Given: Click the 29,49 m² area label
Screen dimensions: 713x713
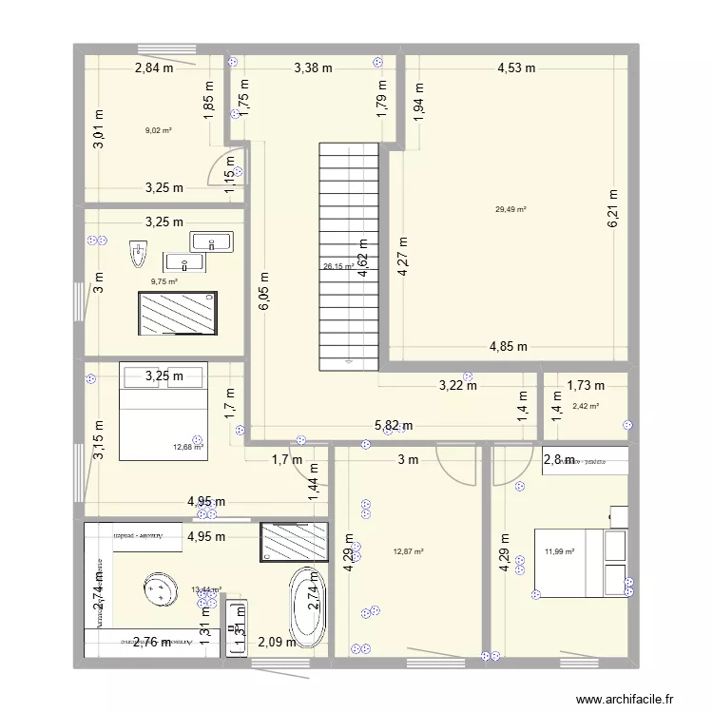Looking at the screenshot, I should tap(511, 210).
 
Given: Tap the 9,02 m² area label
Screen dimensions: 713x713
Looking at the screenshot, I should tap(158, 130).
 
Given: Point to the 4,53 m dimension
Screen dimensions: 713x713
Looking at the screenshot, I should tap(516, 67).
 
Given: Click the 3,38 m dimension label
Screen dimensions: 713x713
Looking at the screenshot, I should tap(313, 67).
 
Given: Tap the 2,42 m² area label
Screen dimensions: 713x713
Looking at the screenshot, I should tap(586, 407).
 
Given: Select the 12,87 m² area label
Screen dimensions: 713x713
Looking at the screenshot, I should tap(408, 551).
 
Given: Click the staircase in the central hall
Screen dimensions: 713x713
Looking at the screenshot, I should tap(349, 257).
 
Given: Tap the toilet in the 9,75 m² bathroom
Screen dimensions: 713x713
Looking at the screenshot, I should tap(139, 255).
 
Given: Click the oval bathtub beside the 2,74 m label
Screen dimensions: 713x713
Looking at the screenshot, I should tap(307, 606).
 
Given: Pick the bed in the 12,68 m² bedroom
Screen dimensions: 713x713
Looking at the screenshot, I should tap(163, 411).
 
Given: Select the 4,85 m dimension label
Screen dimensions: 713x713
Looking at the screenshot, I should tap(509, 347).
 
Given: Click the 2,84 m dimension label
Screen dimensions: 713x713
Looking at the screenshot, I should tap(154, 67).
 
